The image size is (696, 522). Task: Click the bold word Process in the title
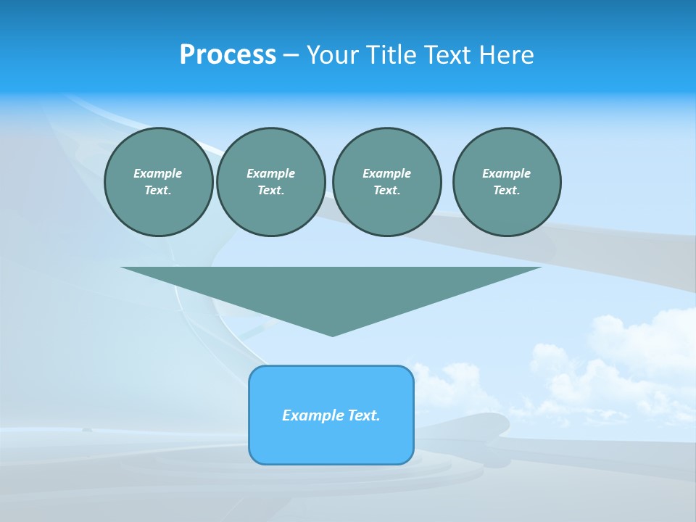pos(228,55)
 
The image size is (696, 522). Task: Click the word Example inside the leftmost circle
pos(158,173)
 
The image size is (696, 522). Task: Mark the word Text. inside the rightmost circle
pos(506,191)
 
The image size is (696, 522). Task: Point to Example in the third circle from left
pos(386,173)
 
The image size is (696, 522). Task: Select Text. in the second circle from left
pos(270,191)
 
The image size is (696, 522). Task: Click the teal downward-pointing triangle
pos(331,290)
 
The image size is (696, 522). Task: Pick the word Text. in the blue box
pos(364,415)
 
